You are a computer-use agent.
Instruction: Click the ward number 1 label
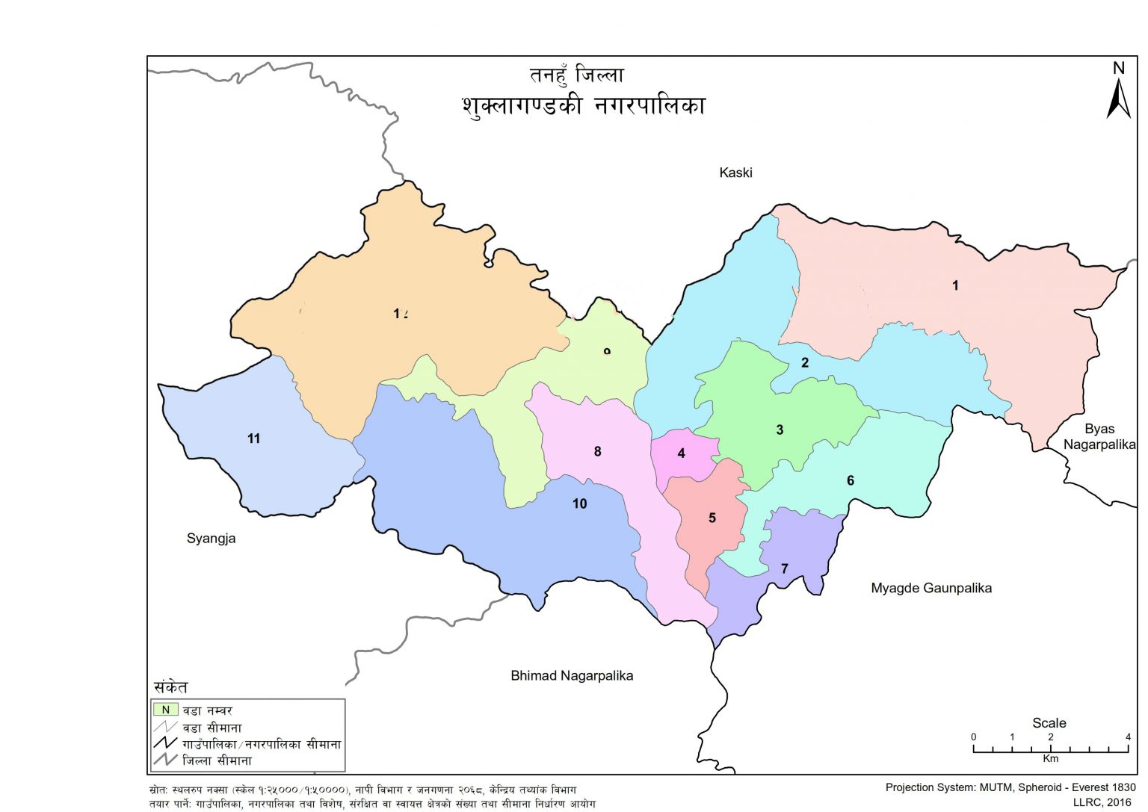(955, 285)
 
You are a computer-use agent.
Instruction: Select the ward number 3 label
(780, 430)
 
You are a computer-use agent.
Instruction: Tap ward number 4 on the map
(681, 453)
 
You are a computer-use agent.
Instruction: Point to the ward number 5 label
(712, 518)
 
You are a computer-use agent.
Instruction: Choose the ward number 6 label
(850, 480)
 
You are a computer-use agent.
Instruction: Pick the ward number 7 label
(784, 568)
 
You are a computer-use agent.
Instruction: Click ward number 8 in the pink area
(597, 451)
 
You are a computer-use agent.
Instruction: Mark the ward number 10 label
(579, 503)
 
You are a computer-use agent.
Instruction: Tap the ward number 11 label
(253, 438)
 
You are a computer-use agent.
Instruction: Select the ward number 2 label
(805, 363)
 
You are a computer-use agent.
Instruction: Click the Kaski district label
(735, 173)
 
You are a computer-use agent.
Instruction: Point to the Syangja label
(211, 539)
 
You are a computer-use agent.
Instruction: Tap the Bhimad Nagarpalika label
(572, 675)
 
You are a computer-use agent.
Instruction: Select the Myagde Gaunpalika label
(931, 588)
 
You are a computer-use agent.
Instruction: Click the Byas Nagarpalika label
(1099, 436)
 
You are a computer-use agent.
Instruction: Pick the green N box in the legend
(166, 710)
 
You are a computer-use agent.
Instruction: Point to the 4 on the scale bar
(1128, 737)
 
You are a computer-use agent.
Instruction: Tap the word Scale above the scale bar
(1049, 722)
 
